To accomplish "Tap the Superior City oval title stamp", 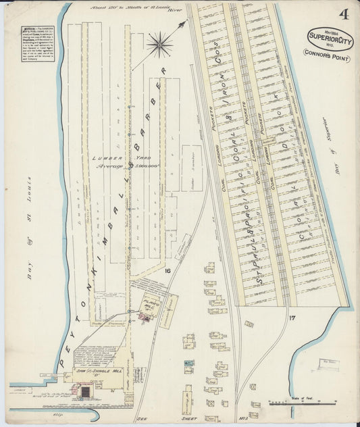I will [330, 37].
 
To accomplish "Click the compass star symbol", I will [159, 46].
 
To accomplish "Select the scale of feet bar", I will [287, 403].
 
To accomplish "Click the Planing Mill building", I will [151, 306].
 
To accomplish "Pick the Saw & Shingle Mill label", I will [93, 370].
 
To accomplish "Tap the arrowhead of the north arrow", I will [182, 24].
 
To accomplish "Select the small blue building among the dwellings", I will [190, 363].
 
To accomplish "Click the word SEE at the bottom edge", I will [142, 419].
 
